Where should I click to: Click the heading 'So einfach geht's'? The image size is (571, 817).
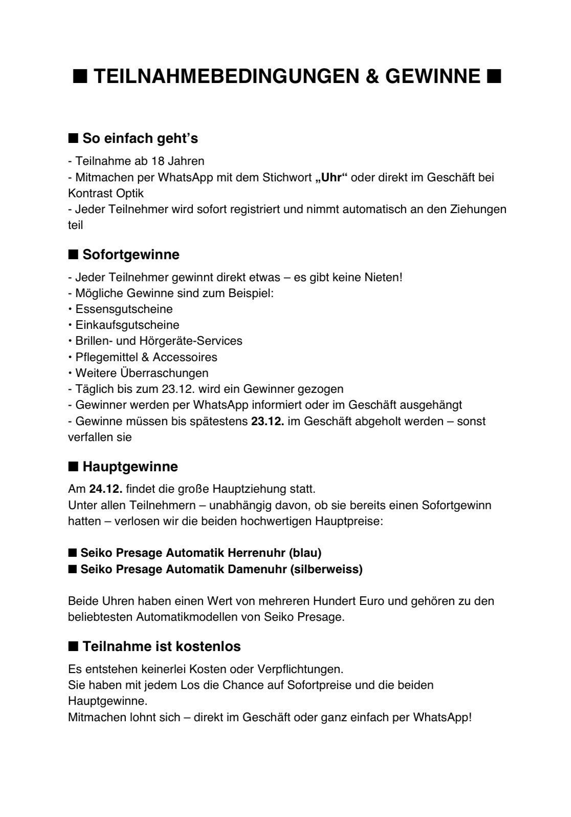pyautogui.click(x=140, y=138)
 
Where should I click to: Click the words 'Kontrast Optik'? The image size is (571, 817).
pyautogui.click(x=106, y=193)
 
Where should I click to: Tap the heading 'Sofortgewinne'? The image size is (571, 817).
pyautogui.click(x=131, y=255)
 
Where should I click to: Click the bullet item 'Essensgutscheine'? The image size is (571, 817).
pyautogui.click(x=124, y=309)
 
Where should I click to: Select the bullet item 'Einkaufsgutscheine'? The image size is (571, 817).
pyautogui.click(x=127, y=325)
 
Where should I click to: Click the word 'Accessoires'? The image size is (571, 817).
pyautogui.click(x=185, y=357)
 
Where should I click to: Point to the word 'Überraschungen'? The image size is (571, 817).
pyautogui.click(x=164, y=373)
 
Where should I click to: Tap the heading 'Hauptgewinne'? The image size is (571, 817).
pyautogui.click(x=130, y=467)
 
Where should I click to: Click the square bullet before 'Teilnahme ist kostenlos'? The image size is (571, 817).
pyautogui.click(x=73, y=646)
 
